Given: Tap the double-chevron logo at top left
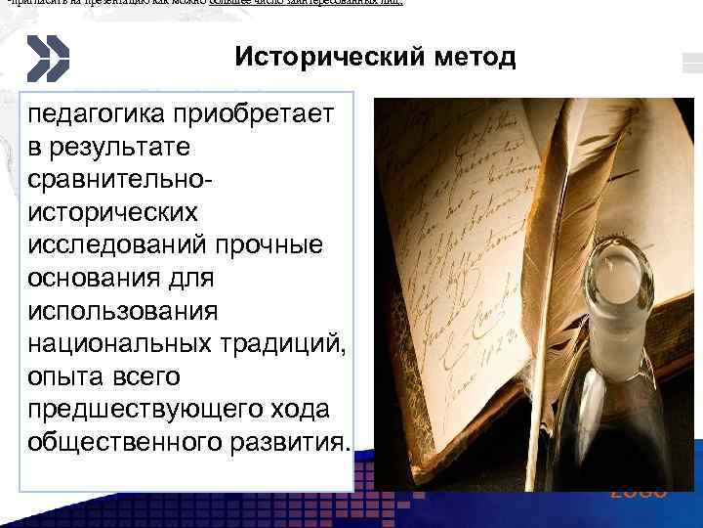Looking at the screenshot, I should coord(48,58).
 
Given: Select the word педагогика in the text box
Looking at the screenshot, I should coord(90,114).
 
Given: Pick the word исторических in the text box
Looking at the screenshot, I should coord(113,212).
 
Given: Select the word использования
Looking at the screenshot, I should coord(119,310).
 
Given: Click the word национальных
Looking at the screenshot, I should coord(117,343).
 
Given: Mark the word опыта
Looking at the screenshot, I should coord(62,375).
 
